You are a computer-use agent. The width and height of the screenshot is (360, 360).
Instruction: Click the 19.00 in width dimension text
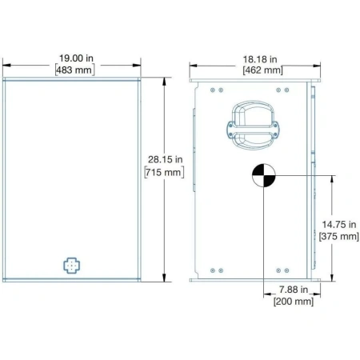pos(76,58)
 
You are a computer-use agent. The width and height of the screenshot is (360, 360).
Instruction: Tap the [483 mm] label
pos(75,70)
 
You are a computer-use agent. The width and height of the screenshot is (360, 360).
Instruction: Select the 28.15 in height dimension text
pos(166,159)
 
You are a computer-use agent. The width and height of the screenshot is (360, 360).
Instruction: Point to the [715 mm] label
pos(164,172)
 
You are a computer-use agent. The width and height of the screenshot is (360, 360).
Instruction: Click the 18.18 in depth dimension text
pos(260,59)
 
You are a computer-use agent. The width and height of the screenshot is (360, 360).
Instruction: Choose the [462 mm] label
pos(262,70)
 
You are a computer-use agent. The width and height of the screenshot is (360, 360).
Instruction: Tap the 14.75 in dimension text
pos(339,225)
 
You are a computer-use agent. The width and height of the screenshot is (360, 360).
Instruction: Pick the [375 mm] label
pos(339,236)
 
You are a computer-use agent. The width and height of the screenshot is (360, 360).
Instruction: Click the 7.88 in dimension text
pos(294,290)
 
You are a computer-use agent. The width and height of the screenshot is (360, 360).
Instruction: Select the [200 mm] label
pos(294,302)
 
